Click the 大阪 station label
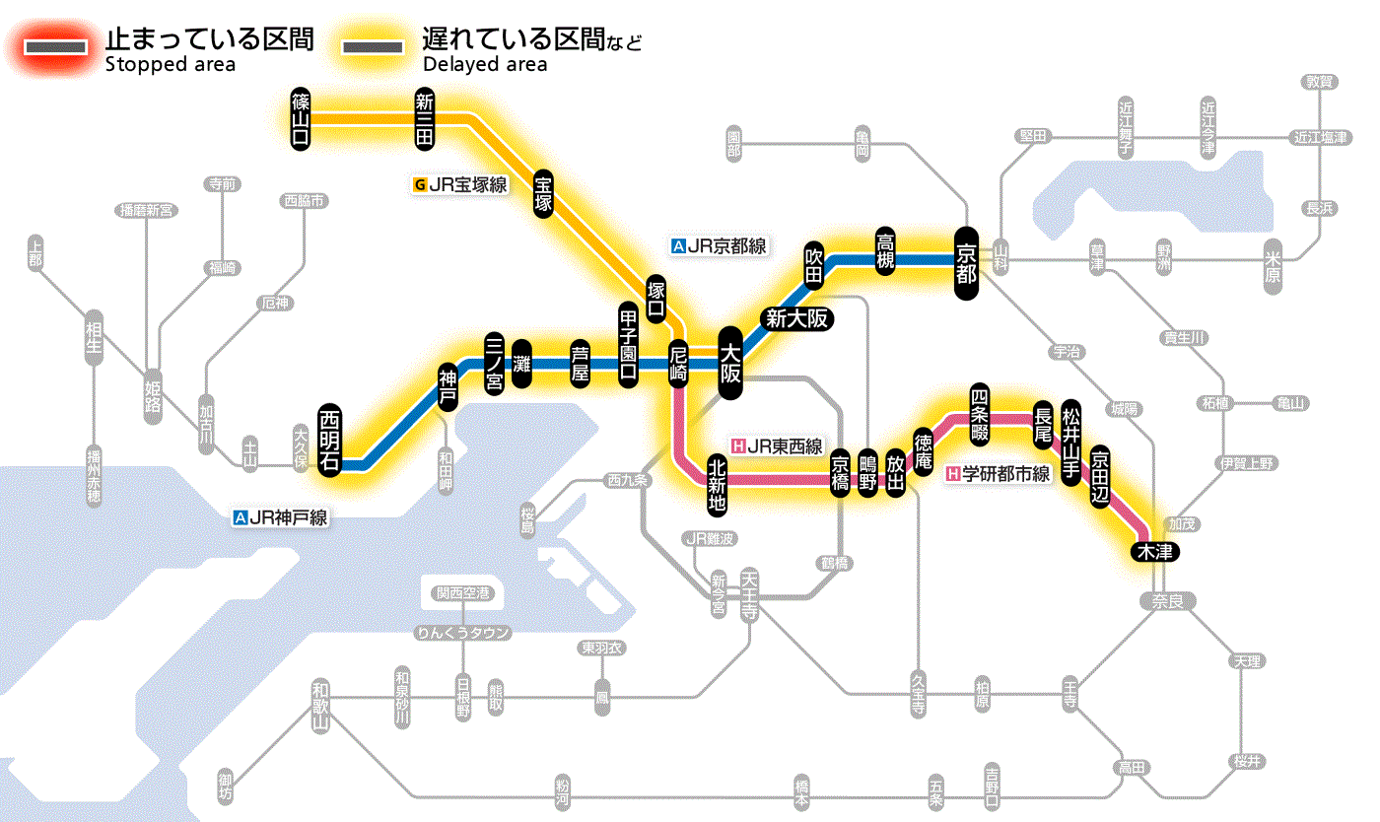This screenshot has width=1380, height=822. [x=730, y=363]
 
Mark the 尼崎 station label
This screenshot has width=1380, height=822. [x=678, y=364]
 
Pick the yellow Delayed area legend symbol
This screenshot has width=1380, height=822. [x=372, y=46]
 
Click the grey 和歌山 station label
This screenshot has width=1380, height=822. [x=319, y=705]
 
